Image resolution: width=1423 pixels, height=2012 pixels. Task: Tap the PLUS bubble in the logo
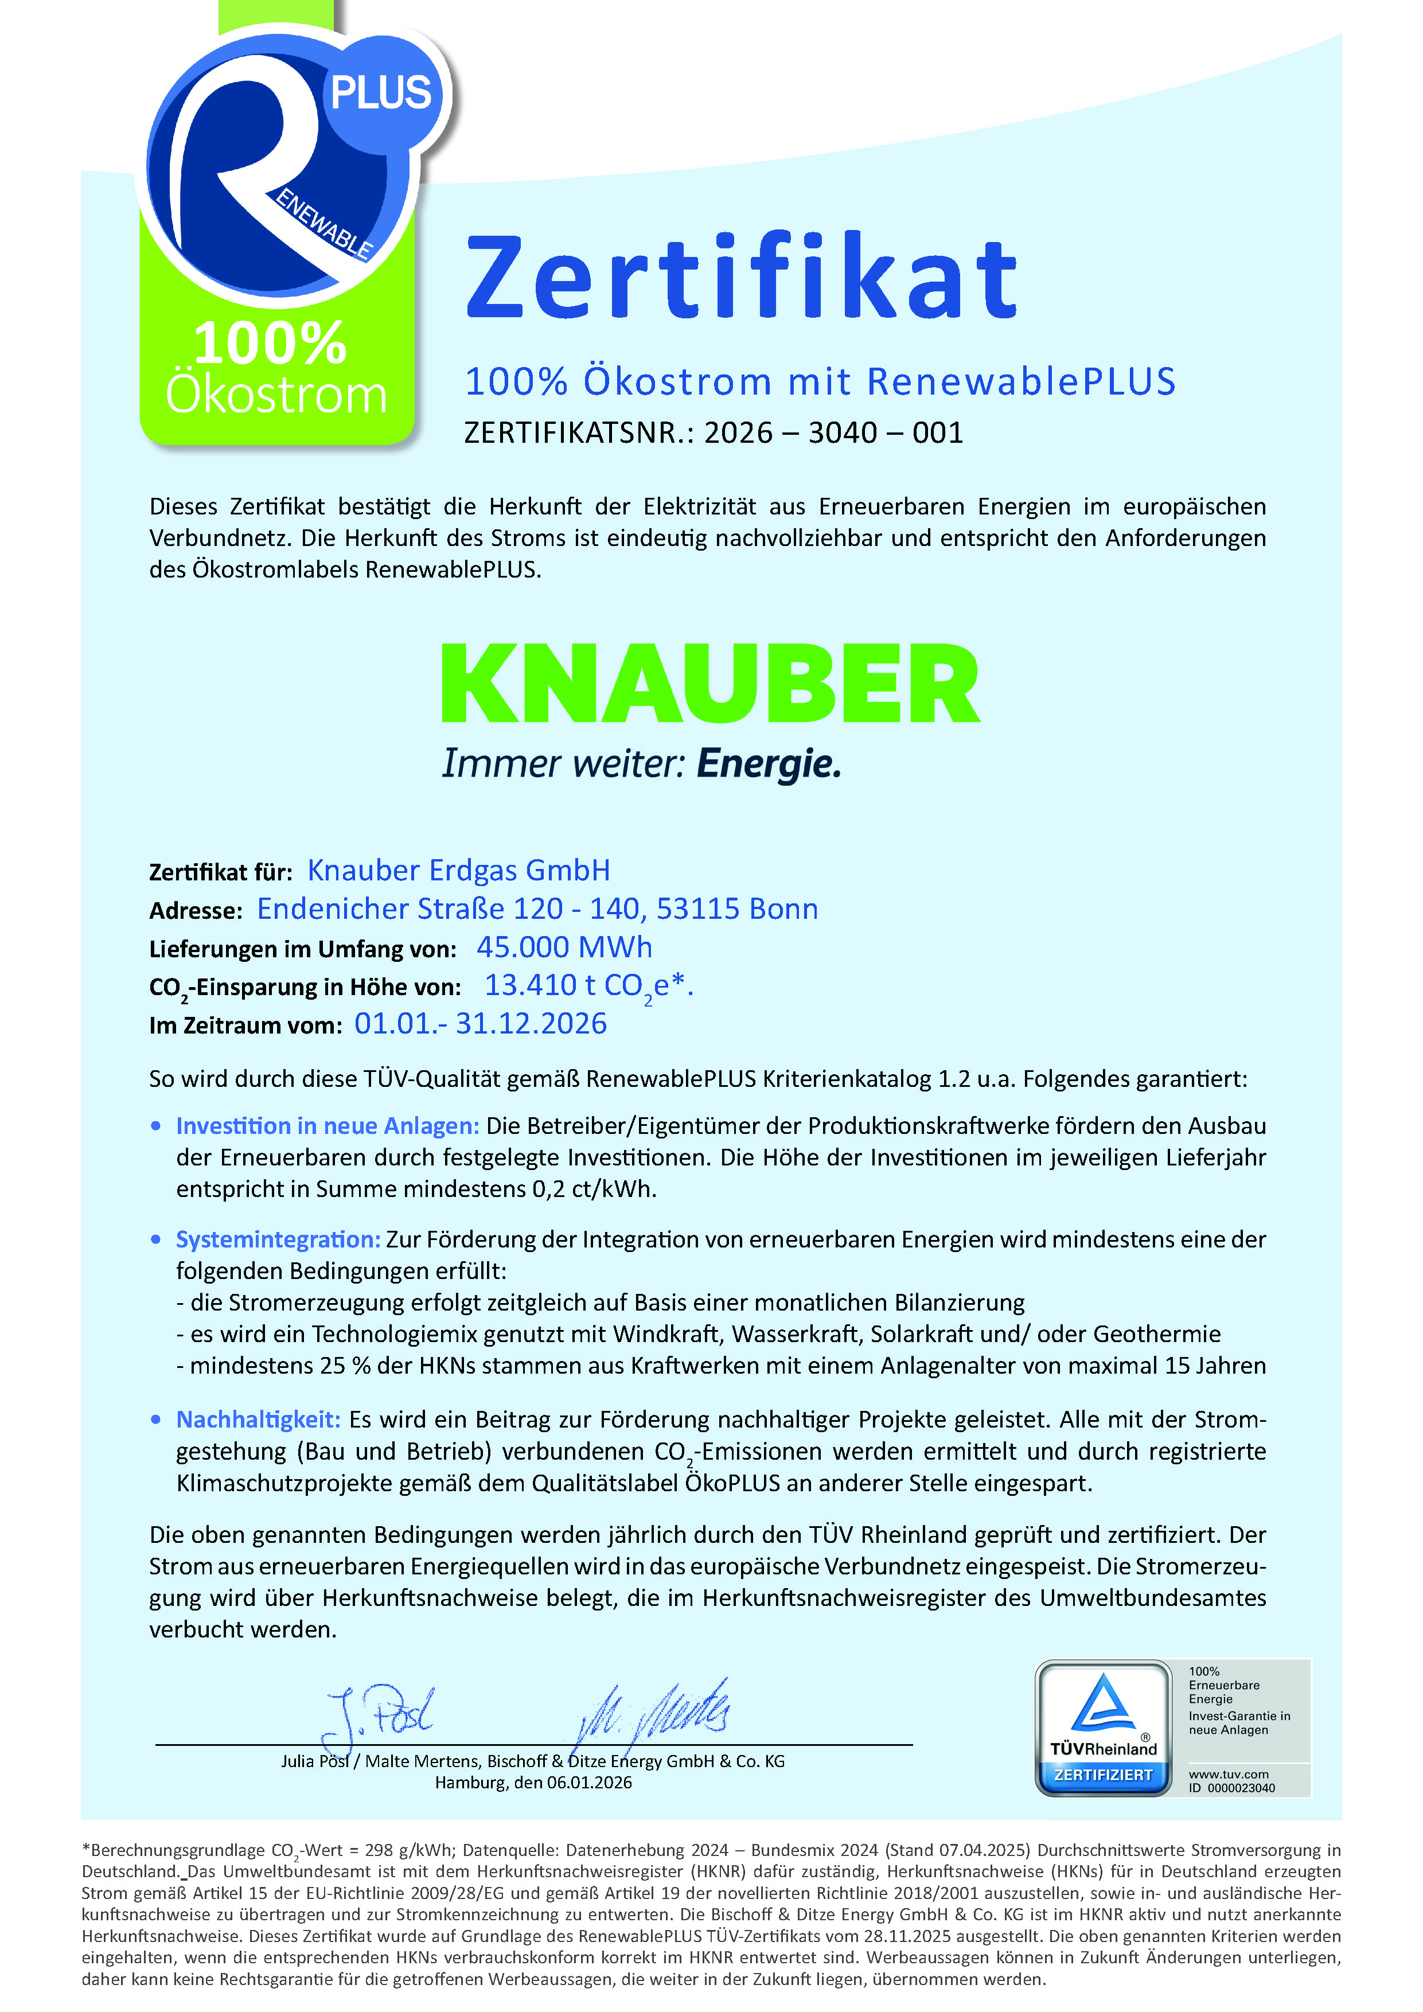[381, 93]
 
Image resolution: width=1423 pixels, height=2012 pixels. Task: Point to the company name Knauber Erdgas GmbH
[458, 870]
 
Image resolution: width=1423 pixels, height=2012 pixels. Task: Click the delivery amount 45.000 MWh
[564, 947]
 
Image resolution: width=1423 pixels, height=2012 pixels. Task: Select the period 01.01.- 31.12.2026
[480, 1024]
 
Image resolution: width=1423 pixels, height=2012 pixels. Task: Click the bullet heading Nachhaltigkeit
[258, 1419]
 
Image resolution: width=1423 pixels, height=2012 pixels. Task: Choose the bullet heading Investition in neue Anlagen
[327, 1125]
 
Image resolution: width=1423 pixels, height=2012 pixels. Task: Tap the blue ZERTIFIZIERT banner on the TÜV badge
[1103, 1775]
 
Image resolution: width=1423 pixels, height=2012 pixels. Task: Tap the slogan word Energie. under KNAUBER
[769, 763]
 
